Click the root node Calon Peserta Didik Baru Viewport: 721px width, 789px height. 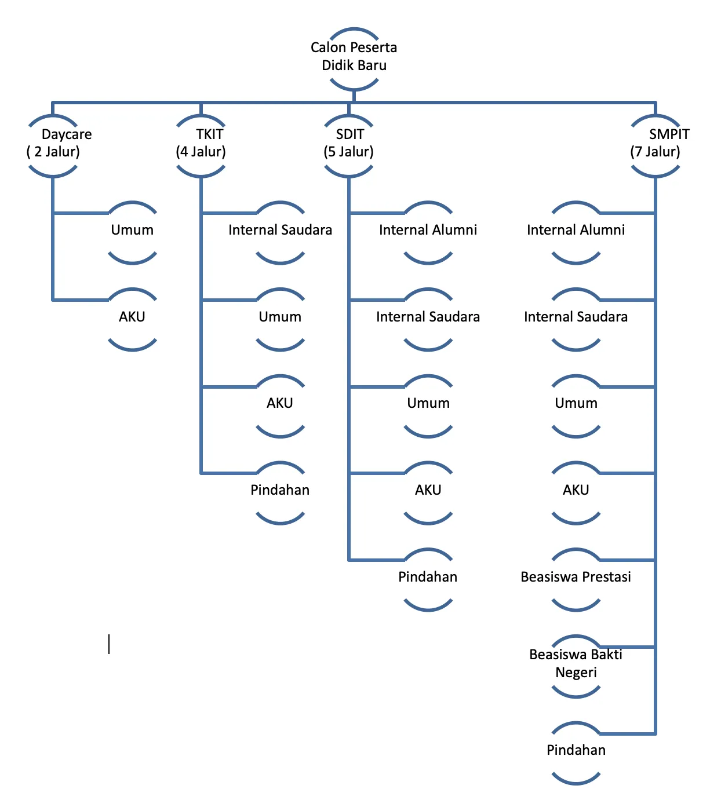pos(354,57)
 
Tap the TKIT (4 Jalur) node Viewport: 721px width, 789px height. pos(201,144)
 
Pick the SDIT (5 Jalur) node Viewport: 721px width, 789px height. pos(349,144)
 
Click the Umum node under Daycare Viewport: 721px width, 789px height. pos(133,231)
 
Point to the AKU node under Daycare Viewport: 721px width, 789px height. pos(133,317)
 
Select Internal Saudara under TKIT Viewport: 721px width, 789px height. pos(281,231)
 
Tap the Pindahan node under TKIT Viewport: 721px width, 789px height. pos(281,491)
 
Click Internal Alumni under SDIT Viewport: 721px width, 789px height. pos(428,231)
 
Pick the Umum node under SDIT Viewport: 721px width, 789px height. pos(428,404)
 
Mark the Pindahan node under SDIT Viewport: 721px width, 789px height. pos(428,578)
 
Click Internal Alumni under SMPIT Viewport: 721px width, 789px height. pos(576,231)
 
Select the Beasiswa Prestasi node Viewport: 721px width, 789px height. pos(576,578)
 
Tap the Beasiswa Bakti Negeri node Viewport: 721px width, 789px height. pos(576,664)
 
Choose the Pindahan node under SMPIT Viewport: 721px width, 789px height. pos(576,751)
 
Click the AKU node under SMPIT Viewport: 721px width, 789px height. pos(576,491)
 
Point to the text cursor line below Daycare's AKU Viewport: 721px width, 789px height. pos(109,644)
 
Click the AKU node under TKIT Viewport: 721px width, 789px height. pos(281,404)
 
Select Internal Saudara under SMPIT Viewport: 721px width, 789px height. pos(576,317)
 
